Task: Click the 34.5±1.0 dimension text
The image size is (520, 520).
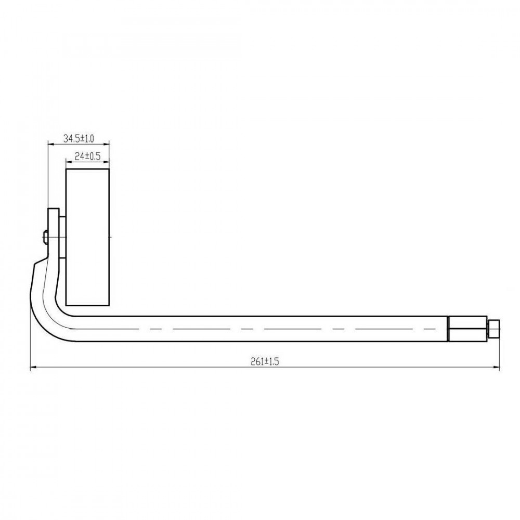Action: [x=79, y=139]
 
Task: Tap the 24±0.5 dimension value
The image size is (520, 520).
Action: [x=87, y=156]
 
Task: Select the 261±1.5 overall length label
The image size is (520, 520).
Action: [x=265, y=361]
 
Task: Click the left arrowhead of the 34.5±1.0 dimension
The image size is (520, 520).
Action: [x=51, y=144]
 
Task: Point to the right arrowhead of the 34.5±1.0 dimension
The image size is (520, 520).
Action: [x=107, y=144]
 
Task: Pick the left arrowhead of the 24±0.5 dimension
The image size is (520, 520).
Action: [x=69, y=162]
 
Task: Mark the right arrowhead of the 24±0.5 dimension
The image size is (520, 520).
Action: [x=107, y=162]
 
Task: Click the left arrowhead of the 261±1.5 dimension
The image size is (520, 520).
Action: [x=33, y=367]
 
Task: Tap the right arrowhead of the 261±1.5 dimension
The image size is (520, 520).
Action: [x=497, y=367]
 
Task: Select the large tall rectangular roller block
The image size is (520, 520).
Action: [x=87, y=237]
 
